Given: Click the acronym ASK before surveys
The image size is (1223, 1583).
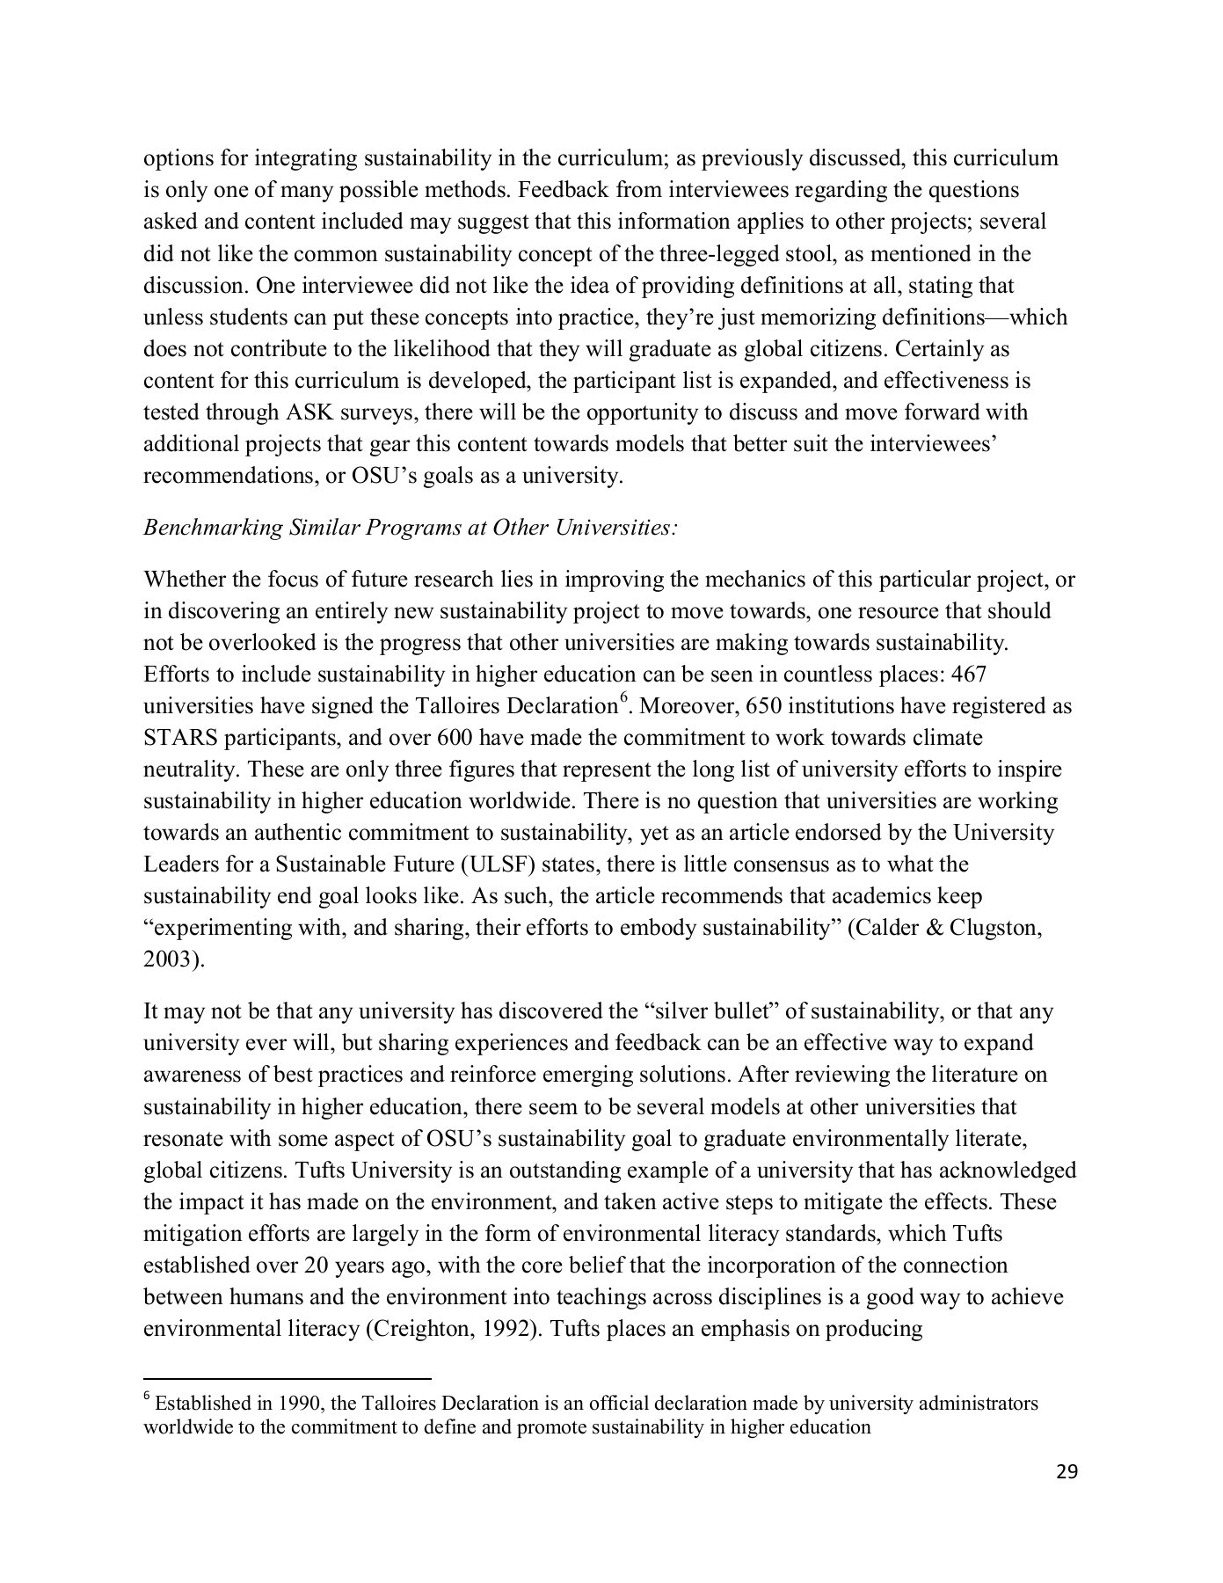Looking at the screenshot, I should click(308, 412).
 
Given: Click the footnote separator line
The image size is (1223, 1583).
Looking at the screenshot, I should click(287, 1380).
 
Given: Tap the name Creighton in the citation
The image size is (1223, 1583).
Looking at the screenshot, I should click(421, 1328).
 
